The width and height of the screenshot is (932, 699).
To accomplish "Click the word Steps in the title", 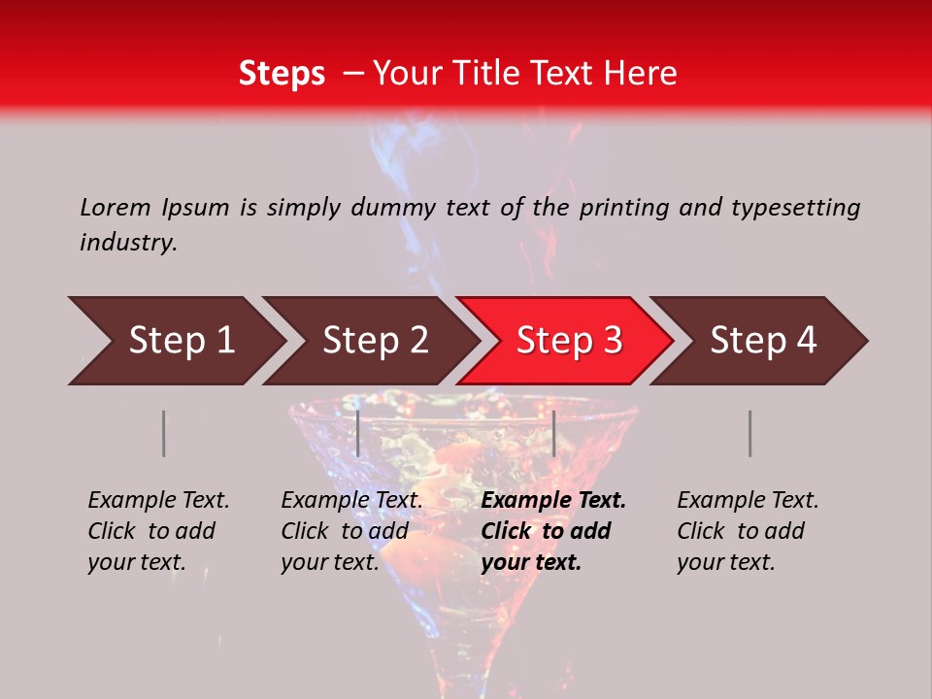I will coord(282,74).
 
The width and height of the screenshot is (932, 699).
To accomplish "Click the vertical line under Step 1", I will coord(164,433).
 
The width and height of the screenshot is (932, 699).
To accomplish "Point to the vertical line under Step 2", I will coord(358,433).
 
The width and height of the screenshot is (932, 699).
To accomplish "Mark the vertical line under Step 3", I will coord(553,433).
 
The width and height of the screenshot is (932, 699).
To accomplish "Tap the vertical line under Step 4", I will coord(749,433).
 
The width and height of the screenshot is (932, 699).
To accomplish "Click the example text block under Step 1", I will coord(158,531).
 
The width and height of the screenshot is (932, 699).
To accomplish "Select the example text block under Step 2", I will coord(351,531).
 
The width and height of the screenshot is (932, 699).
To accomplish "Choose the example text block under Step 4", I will coord(748,531).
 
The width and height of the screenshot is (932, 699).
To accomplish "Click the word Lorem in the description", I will coord(116,208).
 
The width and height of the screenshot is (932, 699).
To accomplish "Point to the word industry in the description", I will coord(128,243).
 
